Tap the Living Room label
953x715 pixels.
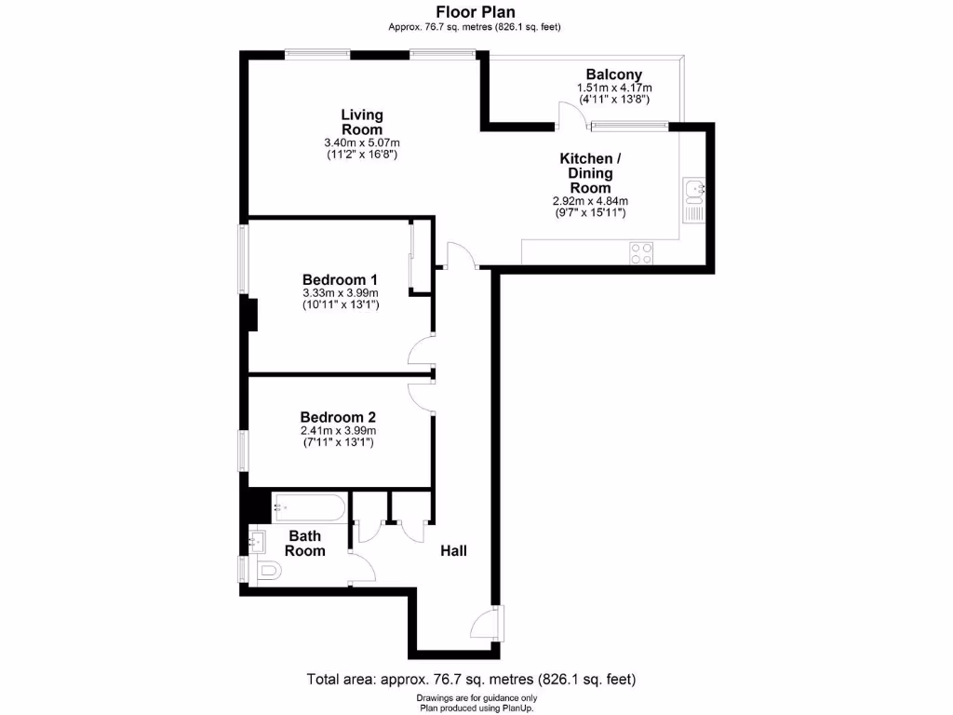361,122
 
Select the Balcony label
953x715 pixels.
613,74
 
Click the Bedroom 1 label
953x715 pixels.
340,279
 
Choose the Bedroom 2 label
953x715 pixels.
338,418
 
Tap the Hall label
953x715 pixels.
454,551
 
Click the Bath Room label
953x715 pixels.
305,543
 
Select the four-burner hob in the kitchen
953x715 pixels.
641,252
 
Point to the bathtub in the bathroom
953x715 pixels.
309,509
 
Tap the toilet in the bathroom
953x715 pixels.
266,571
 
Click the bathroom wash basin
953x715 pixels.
257,538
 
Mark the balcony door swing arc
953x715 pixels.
570,115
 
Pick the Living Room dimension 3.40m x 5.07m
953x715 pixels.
361,142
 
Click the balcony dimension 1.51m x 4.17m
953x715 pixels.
613,88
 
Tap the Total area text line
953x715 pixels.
471,679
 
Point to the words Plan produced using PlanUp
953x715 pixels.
476,707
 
